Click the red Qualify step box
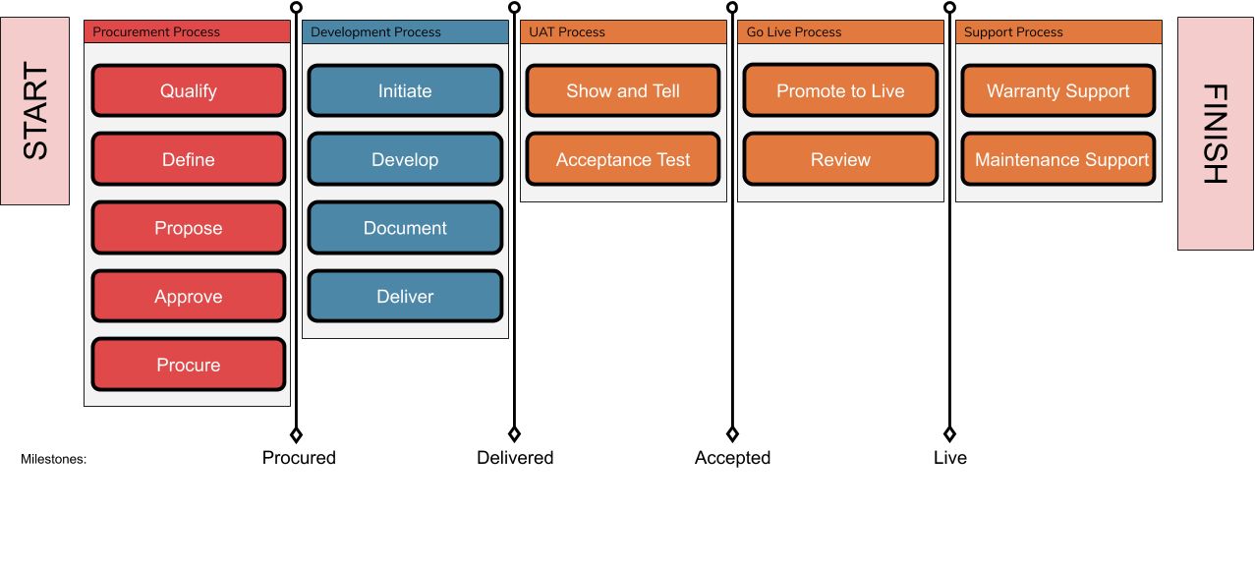coord(189,90)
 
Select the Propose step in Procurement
coord(189,228)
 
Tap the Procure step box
coord(189,365)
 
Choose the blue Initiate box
coord(405,90)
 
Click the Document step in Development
coord(405,228)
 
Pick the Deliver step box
coord(405,297)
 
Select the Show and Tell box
coord(623,90)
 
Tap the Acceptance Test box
coord(623,159)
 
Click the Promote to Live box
coord(840,90)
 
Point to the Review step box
coord(840,159)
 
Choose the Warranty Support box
coord(1058,90)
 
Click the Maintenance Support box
coord(1058,159)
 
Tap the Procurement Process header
coord(187,32)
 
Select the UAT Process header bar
coord(623,32)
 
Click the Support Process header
coord(1058,32)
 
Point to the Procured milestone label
coord(299,458)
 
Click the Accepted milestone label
coord(732,458)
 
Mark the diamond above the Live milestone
coord(949,434)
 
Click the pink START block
coord(34,111)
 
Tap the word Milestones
coord(53,459)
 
